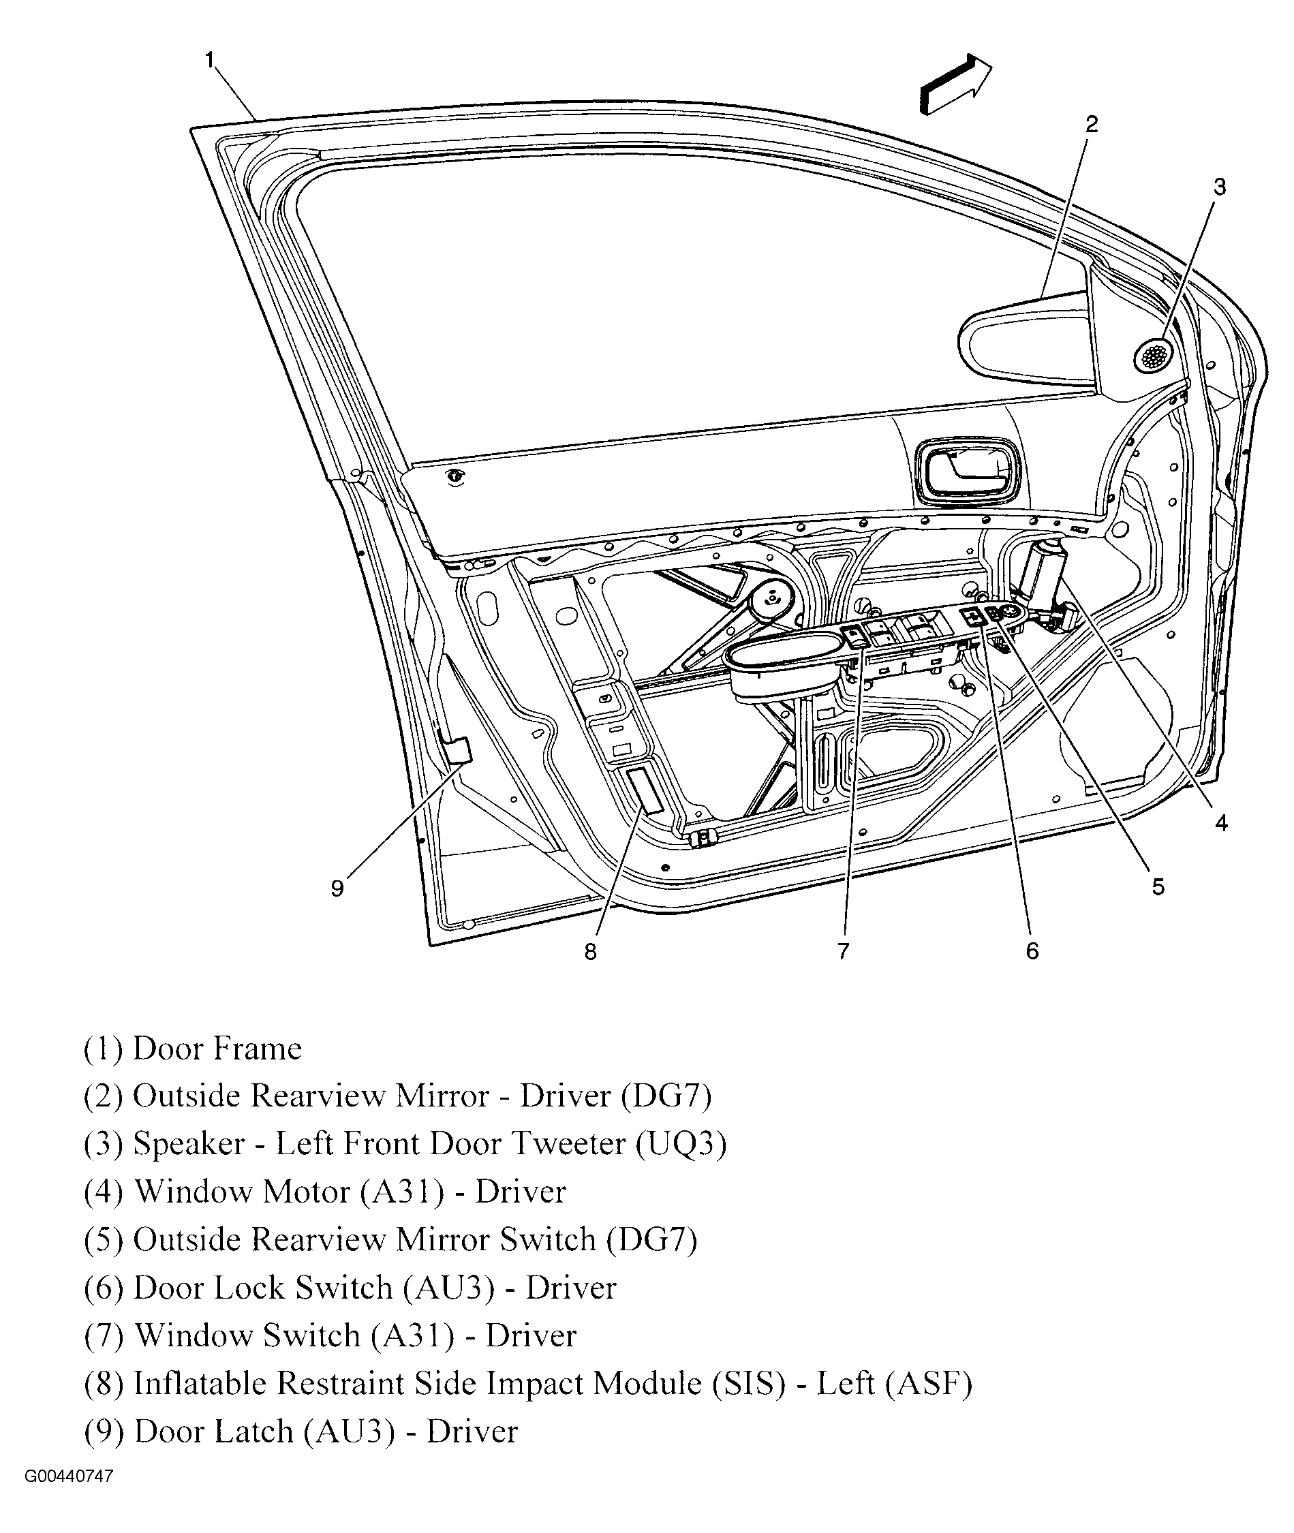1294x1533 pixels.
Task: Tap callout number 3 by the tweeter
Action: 1219,187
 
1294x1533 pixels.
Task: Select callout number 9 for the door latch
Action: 337,889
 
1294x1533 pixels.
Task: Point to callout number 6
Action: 1032,951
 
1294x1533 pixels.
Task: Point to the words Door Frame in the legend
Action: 217,1049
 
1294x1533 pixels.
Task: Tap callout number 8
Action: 591,952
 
